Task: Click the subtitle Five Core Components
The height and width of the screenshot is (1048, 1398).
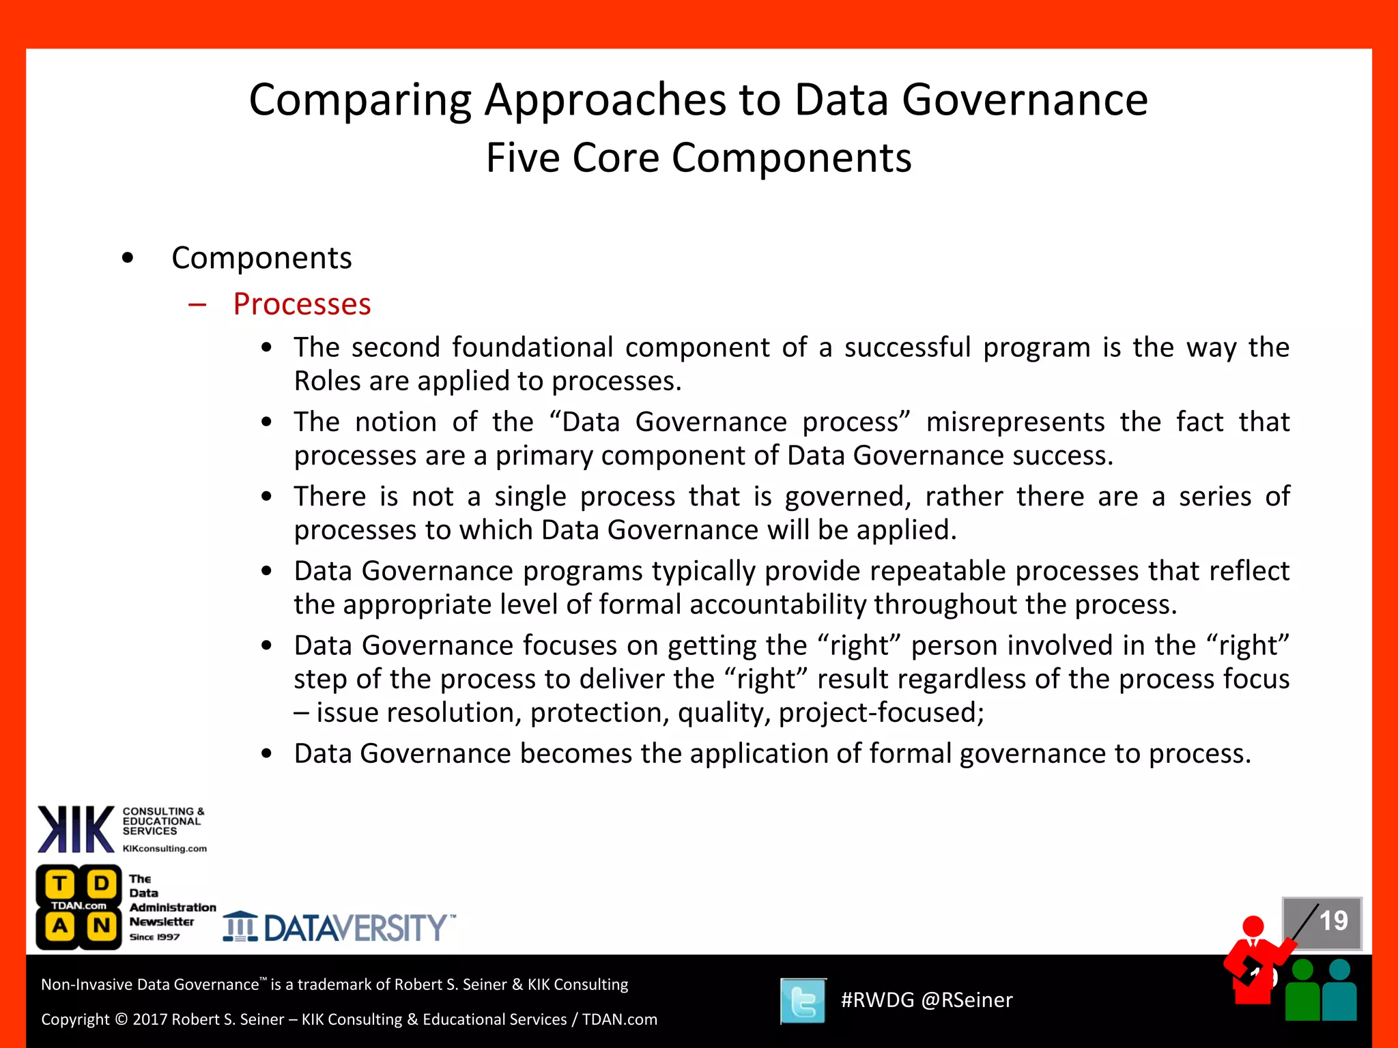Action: pyautogui.click(x=698, y=158)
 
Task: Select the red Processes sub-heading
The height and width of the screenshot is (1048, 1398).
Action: pyautogui.click(x=302, y=304)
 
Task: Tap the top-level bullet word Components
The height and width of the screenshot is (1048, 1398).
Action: pyautogui.click(x=261, y=258)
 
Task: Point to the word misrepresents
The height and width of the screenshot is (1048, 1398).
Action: pyautogui.click(x=1015, y=422)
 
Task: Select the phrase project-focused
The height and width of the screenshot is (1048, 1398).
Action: pyautogui.click(x=881, y=713)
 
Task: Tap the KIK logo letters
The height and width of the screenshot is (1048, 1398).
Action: pyautogui.click(x=76, y=830)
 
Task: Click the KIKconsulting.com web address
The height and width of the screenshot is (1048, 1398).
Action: pyautogui.click(x=165, y=849)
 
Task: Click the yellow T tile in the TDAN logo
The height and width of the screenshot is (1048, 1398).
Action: pyautogui.click(x=60, y=884)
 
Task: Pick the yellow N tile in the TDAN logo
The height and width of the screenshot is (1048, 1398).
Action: pyautogui.click(x=102, y=926)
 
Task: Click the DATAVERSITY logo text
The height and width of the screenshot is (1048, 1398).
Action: pyautogui.click(x=355, y=928)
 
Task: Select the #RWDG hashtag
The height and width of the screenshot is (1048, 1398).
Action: pyautogui.click(x=877, y=1000)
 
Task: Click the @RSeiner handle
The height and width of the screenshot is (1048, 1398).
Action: pyautogui.click(x=967, y=1000)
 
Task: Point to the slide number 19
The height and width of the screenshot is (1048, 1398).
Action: pyautogui.click(x=1333, y=921)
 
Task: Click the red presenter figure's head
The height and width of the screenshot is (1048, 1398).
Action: pyautogui.click(x=1253, y=926)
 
